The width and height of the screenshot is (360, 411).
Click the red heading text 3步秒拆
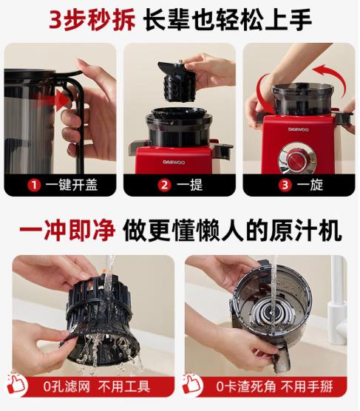[92, 19]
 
